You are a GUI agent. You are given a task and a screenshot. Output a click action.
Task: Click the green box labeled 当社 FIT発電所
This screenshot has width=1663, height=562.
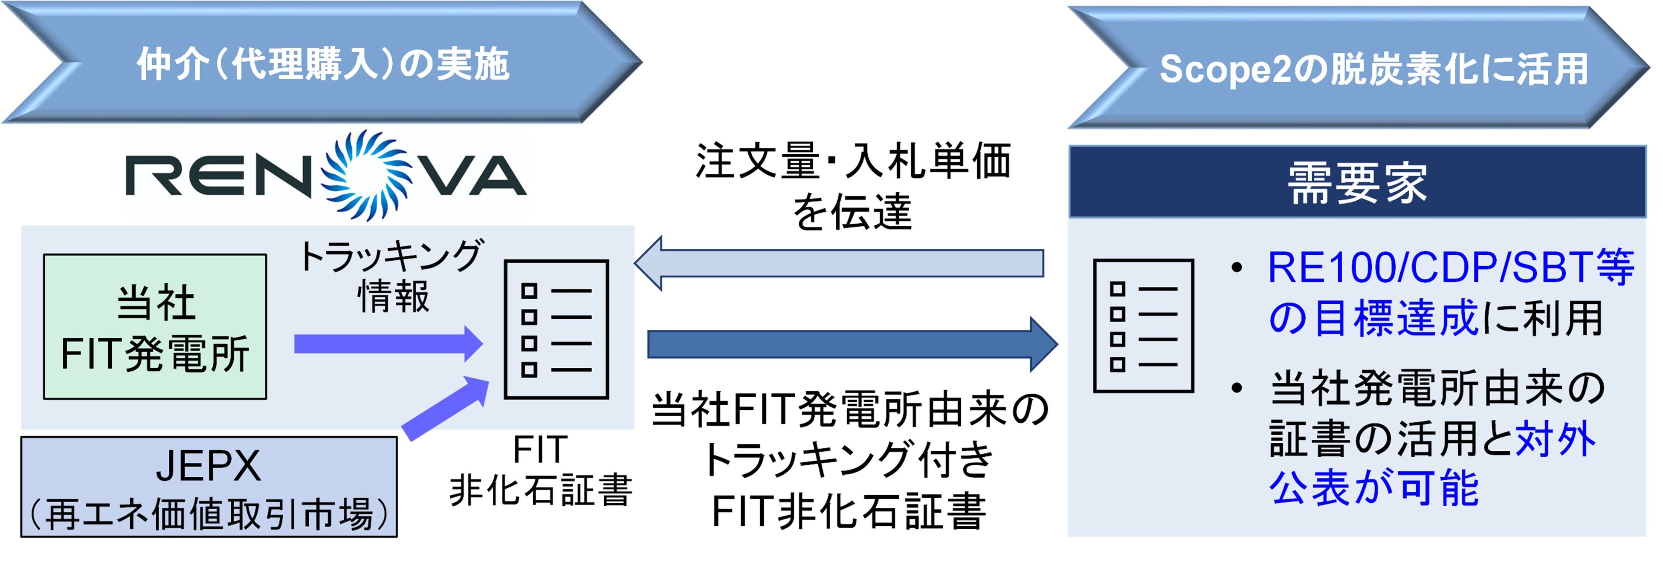[x=155, y=326]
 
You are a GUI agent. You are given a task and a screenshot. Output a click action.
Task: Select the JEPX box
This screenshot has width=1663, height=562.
[x=209, y=487]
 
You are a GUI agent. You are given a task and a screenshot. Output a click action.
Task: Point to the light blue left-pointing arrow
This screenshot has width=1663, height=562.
[x=839, y=263]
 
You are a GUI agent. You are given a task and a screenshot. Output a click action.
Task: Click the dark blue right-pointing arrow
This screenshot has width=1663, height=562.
[x=852, y=344]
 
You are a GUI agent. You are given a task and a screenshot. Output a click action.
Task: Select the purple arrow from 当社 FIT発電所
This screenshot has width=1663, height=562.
[x=387, y=344]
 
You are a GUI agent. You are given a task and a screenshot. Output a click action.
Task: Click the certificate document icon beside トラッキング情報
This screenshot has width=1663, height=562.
[x=556, y=329]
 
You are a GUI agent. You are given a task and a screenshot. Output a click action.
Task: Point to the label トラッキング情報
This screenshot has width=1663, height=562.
[x=392, y=276]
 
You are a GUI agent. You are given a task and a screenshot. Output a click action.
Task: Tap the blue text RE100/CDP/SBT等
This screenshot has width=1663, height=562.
[x=1450, y=267]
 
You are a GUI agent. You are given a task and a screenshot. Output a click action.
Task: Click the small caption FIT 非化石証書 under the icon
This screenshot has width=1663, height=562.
[x=540, y=471]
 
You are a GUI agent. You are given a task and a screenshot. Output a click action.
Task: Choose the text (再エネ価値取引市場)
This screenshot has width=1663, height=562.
[x=209, y=514]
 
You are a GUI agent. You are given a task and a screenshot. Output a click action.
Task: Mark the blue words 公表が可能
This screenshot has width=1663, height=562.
[x=1374, y=488]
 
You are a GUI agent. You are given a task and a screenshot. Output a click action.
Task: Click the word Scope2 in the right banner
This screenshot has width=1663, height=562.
[x=1224, y=69]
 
